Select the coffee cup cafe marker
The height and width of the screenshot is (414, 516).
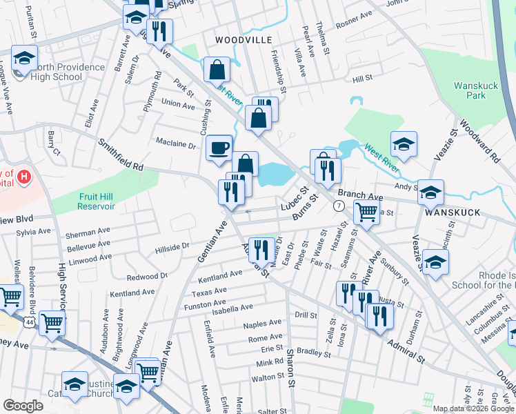point(219,147)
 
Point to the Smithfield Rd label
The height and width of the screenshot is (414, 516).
point(120,156)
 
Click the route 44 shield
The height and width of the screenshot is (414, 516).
point(29,322)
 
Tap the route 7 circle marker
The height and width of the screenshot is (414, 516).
point(338,206)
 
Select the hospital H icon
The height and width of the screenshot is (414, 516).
point(24,177)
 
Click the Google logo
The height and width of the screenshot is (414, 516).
point(23,405)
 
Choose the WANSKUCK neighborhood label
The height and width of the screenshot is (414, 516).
point(453,213)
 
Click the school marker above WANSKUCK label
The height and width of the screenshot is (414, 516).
point(431,193)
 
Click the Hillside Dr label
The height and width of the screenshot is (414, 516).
point(172,246)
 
